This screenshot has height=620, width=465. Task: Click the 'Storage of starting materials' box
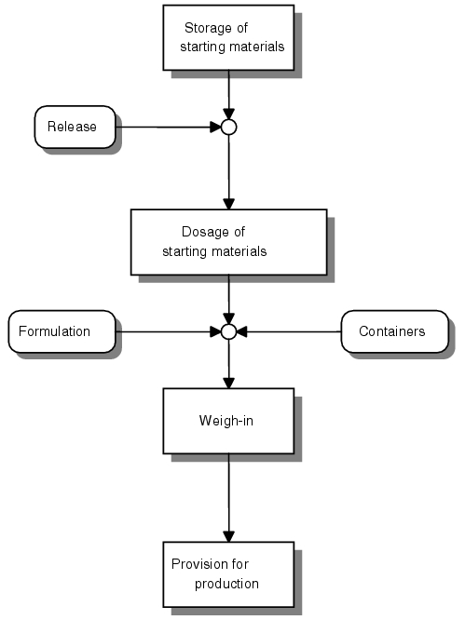coord(228,37)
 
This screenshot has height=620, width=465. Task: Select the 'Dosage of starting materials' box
coord(228,242)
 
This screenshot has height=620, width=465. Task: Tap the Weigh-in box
coord(228,421)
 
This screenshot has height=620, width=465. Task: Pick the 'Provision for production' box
coord(228,574)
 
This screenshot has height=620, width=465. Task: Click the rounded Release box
coord(75,127)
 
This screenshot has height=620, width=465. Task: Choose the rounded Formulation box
coord(62,331)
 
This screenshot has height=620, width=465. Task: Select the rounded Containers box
coord(395,331)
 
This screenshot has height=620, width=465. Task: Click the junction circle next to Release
coord(228,128)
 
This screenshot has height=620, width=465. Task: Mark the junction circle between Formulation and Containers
coord(228,331)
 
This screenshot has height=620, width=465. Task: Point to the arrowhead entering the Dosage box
coord(228,204)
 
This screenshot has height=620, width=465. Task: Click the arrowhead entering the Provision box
coord(228,536)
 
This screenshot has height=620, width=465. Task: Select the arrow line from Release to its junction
coord(168,128)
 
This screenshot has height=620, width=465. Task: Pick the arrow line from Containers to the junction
coord(289,331)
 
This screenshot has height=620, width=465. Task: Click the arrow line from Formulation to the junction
coord(168,331)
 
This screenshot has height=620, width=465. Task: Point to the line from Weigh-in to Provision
coord(228,498)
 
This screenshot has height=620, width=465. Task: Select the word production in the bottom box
coord(226,584)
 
